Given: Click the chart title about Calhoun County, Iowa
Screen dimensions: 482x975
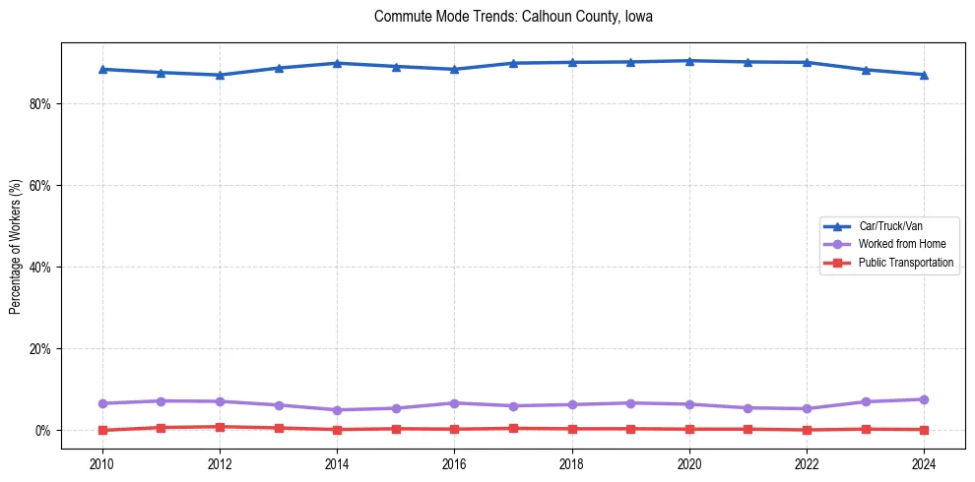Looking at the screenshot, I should [x=513, y=17].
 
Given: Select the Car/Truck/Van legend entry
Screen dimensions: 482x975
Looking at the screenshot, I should [x=890, y=226].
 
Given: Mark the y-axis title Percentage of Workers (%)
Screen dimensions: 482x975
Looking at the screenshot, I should [x=16, y=246].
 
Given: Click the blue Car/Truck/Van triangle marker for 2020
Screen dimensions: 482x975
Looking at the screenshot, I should [x=689, y=61].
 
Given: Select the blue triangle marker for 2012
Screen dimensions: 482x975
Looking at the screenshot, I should [x=220, y=75].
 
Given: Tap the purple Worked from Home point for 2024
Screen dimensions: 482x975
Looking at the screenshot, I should [x=924, y=399].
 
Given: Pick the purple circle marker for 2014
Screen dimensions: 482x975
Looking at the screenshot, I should [x=337, y=410].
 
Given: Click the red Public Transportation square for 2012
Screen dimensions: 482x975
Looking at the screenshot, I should [x=220, y=427].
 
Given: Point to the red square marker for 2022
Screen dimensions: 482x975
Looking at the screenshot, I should [x=807, y=430].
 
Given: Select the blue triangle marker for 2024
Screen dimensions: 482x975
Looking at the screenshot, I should [x=924, y=75].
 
